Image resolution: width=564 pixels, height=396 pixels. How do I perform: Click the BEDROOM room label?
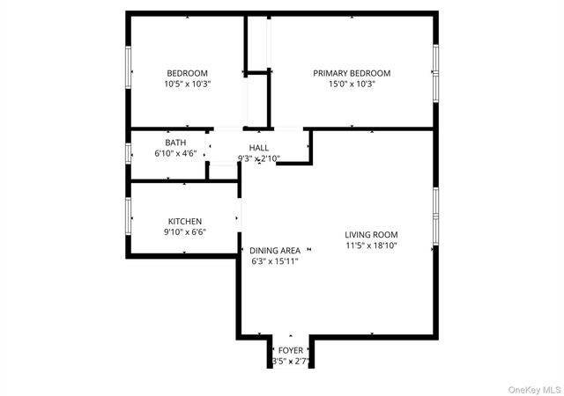point(187,73)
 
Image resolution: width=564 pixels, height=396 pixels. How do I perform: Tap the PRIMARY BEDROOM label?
point(352,73)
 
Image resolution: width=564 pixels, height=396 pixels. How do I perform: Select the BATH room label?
point(175,143)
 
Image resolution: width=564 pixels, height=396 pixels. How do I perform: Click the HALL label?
point(259,148)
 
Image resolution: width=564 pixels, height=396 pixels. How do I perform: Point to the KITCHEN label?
point(185,221)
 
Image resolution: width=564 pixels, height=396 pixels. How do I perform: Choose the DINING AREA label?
point(275,250)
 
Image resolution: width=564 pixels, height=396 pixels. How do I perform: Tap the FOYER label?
point(291,350)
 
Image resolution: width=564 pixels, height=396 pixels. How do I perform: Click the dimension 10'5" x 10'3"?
point(187,84)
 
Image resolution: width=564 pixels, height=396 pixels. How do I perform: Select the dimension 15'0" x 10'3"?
point(352,84)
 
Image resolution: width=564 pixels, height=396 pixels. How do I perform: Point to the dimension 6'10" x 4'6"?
point(175,153)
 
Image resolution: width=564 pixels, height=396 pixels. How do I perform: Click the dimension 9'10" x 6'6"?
point(185,232)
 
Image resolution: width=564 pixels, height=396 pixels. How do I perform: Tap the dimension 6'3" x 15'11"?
point(275,261)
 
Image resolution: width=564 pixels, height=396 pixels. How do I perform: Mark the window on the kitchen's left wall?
point(130,213)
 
